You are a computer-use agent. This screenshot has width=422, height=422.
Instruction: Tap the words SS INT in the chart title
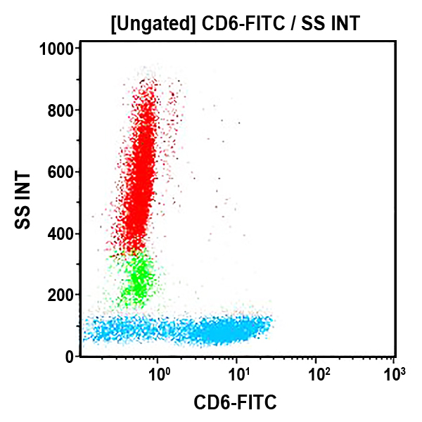pos(330,25)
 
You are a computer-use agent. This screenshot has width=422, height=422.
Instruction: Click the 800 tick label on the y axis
pos(63,110)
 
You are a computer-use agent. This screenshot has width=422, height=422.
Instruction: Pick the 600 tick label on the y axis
pos(63,172)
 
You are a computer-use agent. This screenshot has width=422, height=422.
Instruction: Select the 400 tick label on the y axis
pos(63,234)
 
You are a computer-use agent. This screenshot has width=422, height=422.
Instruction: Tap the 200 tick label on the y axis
pos(63,295)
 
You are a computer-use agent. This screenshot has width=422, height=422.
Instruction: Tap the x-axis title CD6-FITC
pos(235,403)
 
